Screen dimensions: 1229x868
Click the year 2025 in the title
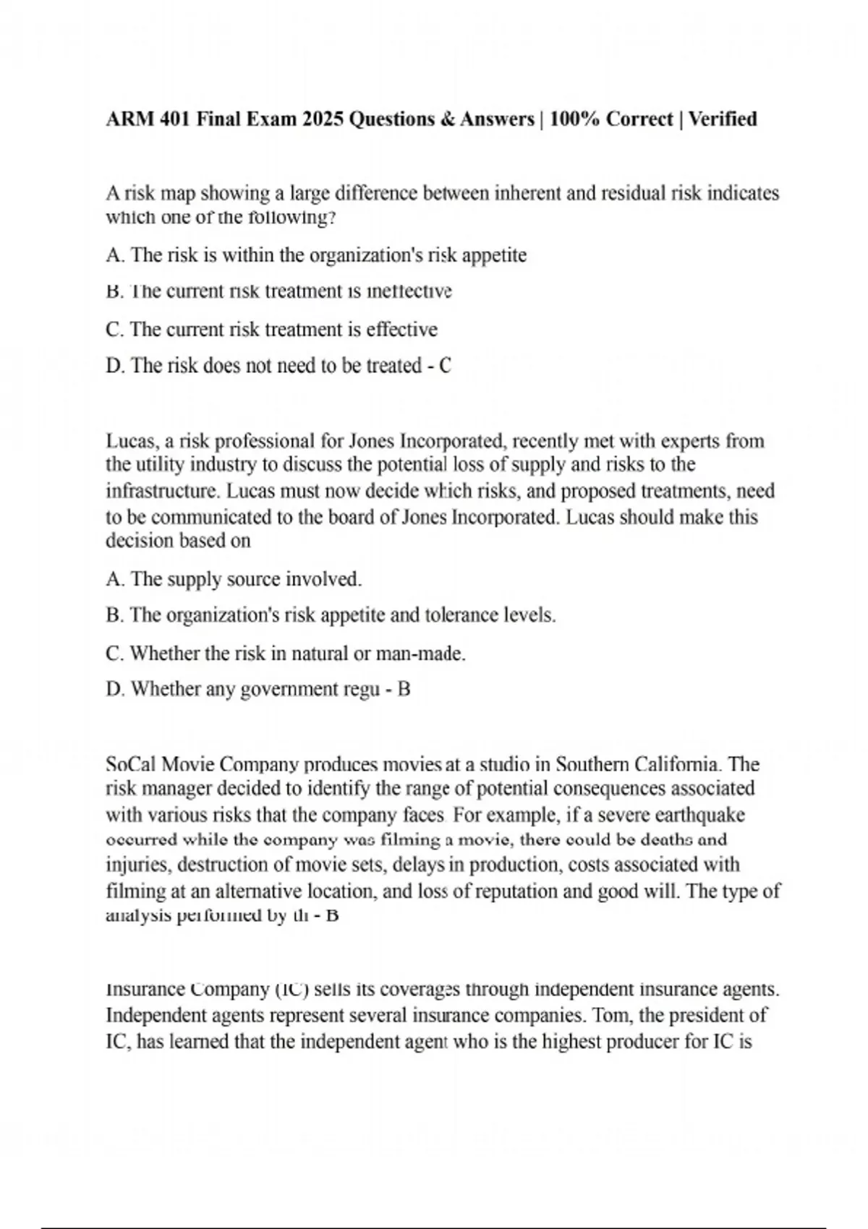point(323,119)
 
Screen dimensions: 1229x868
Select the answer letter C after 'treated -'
point(445,366)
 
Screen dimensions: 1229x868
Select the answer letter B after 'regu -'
point(404,690)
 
